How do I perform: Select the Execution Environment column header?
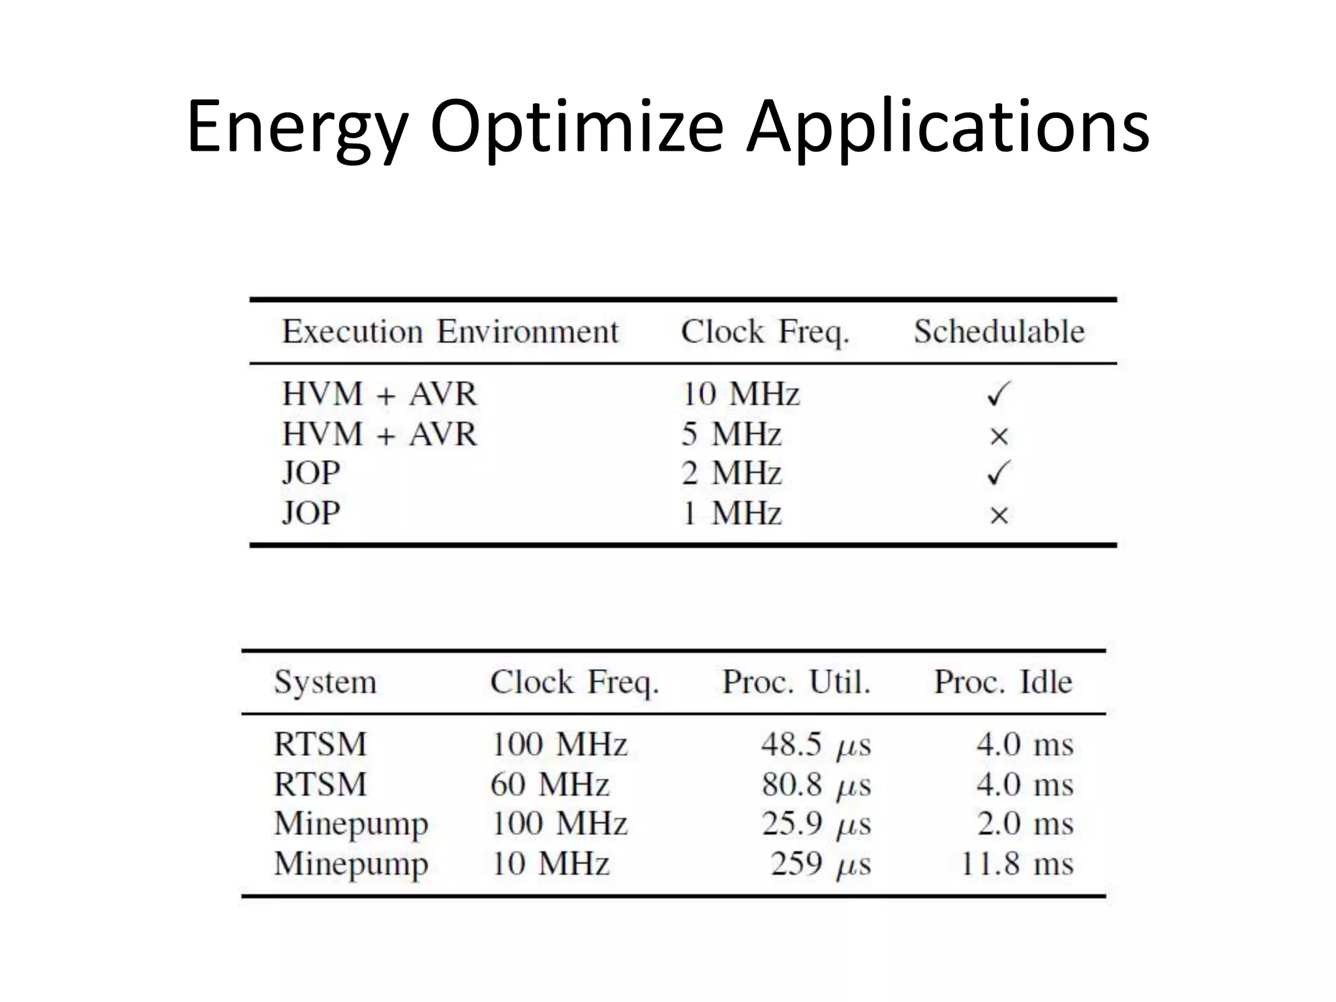tap(450, 331)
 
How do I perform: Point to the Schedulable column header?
tap(999, 331)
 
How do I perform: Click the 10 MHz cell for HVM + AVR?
tap(740, 394)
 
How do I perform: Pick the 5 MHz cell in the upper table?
tap(731, 434)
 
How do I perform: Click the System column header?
tap(325, 682)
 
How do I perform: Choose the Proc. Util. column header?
tap(797, 682)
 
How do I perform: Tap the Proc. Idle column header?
tap(1003, 682)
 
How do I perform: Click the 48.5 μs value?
tap(815, 744)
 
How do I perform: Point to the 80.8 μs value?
tap(815, 784)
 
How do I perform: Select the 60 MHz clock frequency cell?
tap(550, 784)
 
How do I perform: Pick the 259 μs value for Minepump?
tap(820, 864)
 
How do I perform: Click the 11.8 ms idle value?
tap(1016, 864)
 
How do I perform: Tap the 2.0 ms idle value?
tap(1024, 824)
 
